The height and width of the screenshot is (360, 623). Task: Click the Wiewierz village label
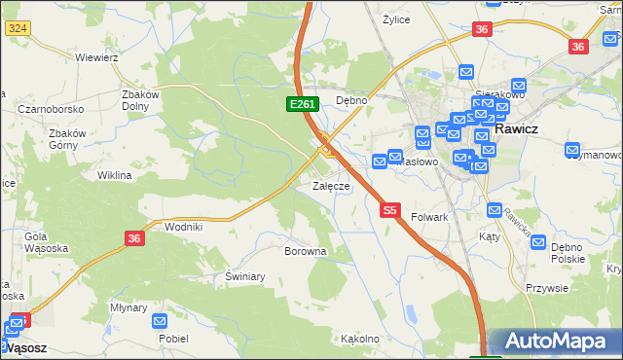pos(96,57)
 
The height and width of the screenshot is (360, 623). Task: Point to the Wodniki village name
pos(184,227)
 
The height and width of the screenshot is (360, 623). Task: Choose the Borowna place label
pos(305,251)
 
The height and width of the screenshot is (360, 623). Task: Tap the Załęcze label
pos(330,186)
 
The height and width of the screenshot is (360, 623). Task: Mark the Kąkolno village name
pos(359,340)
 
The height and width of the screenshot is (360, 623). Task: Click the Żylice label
pos(396,19)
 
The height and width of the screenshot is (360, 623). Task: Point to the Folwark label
pos(429,218)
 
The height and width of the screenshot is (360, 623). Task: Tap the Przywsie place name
pos(546,288)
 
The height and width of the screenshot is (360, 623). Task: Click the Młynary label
pos(128,306)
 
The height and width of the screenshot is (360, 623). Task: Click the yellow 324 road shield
pos(16,29)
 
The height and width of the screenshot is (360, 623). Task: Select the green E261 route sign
pos(300,103)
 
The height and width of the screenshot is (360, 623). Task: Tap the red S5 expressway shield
pos(390,209)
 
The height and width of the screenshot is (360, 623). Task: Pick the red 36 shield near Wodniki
pos(135,237)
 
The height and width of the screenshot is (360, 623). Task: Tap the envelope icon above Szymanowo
pos(572,150)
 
